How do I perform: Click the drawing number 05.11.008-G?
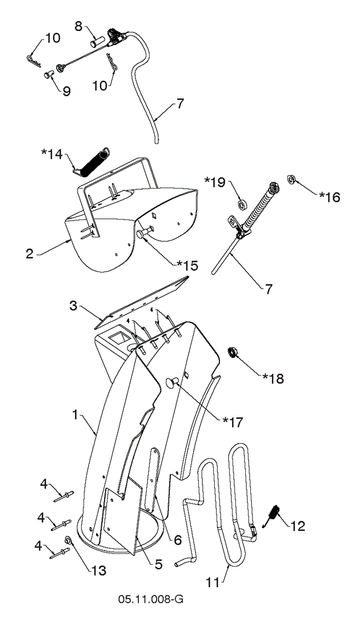pos(151,600)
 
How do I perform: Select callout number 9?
pos(66,91)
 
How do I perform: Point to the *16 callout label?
pos(329,197)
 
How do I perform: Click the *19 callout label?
pos(215,182)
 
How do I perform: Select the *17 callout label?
pos(233,422)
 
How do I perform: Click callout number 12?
pos(298,526)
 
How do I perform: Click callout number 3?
pos(73,306)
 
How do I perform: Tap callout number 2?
pos(30,254)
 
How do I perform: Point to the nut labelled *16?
pos(290,181)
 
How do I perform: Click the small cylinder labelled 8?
pos(97,42)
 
